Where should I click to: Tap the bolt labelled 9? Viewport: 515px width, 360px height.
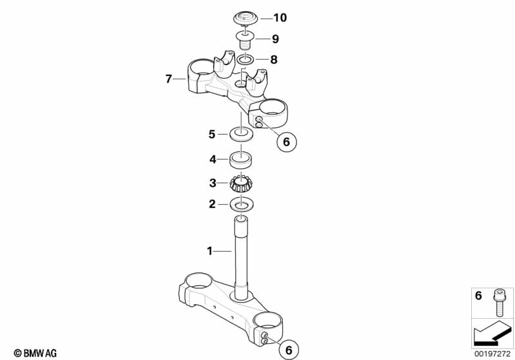point(244,41)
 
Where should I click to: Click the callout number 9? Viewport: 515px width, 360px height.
point(266,39)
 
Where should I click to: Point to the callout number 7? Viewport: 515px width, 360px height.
point(168,79)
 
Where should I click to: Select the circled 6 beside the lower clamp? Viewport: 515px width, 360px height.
point(287,349)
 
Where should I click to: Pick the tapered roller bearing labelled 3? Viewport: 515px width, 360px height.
point(242,184)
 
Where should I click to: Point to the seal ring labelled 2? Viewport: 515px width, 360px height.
point(242,205)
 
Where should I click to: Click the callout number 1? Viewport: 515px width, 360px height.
point(209,250)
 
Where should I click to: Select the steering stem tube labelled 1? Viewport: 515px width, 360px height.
point(242,258)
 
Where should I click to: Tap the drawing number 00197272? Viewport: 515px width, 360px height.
point(493,353)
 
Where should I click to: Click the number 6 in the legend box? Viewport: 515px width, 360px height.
point(478,296)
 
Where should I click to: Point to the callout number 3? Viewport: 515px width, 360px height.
point(213,183)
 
